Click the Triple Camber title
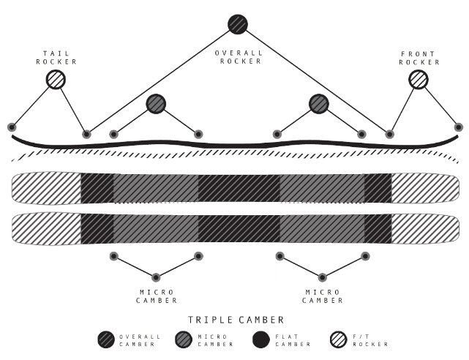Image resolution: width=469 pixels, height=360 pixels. pyautogui.click(x=236, y=320)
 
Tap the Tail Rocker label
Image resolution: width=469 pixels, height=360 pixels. pyautogui.click(x=56, y=58)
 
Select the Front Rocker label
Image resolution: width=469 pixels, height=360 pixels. pyautogui.click(x=419, y=59)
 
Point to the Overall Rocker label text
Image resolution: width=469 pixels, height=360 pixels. pyautogui.click(x=239, y=57)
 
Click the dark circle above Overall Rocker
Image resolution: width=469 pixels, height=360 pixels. pyautogui.click(x=238, y=24)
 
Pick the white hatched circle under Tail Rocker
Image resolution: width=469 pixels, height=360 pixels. pyautogui.click(x=56, y=80)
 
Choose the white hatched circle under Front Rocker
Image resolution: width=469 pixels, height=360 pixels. pyautogui.click(x=419, y=80)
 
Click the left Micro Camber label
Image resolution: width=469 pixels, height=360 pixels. pyautogui.click(x=157, y=296)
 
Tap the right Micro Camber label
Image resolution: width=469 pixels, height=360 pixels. pyautogui.click(x=323, y=296)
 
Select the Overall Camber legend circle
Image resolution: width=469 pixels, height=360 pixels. pyautogui.click(x=106, y=340)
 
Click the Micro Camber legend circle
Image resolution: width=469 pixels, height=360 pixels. pyautogui.click(x=184, y=340)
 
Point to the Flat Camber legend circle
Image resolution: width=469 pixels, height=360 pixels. pyautogui.click(x=261, y=340)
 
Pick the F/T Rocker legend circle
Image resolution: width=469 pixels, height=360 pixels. pyautogui.click(x=339, y=340)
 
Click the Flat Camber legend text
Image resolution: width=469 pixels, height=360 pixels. pyautogui.click(x=293, y=340)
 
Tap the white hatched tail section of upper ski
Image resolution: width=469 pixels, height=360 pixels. pyautogui.click(x=46, y=188)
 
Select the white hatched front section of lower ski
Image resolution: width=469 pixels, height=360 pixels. pyautogui.click(x=425, y=229)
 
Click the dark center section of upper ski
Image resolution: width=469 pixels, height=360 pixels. pyautogui.click(x=239, y=188)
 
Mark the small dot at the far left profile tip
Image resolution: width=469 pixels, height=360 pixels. pyautogui.click(x=12, y=127)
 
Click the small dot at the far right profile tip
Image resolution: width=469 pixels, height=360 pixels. pyautogui.click(x=459, y=127)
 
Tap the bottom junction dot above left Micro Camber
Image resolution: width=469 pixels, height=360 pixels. pyautogui.click(x=156, y=277)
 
